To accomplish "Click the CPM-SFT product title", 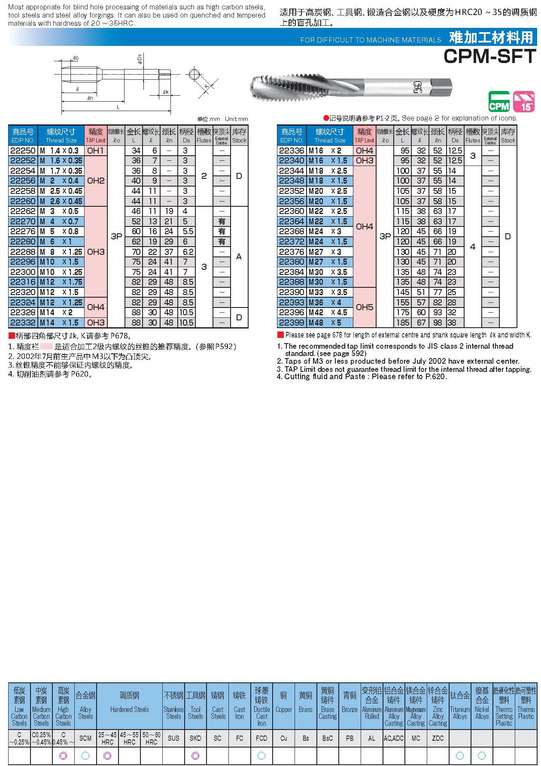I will [x=489, y=56].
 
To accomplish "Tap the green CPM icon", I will [x=499, y=102].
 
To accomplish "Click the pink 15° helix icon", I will [x=524, y=102].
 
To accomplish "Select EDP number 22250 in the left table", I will [x=23, y=151].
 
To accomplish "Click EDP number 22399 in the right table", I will [x=292, y=323].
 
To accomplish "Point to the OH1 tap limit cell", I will [x=96, y=151].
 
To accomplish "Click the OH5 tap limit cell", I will [x=364, y=307].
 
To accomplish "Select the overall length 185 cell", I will [x=402, y=323].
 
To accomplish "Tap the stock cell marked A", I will [x=239, y=256].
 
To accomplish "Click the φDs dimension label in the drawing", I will [x=140, y=59].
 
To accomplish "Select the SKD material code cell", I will [x=195, y=738].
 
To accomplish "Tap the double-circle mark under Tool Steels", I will [x=195, y=756].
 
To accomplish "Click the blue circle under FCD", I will [x=261, y=756].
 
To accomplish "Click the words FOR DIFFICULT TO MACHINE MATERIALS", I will [x=371, y=40].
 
